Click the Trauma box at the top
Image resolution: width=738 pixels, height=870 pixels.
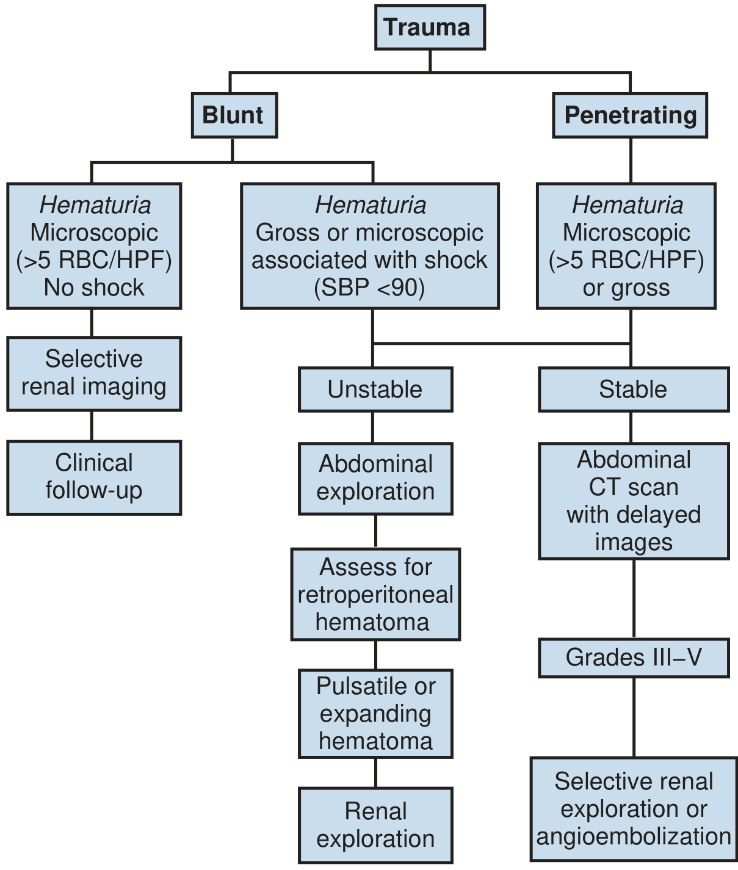430,27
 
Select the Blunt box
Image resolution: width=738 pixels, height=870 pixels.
234,115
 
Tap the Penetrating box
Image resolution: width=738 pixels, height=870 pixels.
630,115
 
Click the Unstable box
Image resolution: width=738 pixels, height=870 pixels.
375,390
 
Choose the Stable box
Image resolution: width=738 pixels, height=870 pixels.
634,390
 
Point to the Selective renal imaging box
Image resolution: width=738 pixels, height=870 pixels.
94,374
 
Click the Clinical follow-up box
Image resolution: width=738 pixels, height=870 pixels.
94,477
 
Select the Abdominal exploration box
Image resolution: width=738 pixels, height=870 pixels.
375,478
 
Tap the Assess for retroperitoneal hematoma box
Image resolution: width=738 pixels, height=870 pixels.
375,594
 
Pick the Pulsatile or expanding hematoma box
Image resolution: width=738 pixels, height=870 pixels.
375,714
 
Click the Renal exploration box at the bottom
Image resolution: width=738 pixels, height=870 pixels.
375,825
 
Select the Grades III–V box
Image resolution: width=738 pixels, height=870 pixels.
634,658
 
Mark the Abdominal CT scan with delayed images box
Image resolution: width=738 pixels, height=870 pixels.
634,501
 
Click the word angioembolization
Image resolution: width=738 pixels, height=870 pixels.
634,836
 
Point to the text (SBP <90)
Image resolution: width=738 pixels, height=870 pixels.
369,288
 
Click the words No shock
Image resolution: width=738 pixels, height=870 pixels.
94,288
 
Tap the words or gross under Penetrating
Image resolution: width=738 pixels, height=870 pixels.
626,288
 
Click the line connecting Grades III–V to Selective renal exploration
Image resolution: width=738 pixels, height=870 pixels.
634,717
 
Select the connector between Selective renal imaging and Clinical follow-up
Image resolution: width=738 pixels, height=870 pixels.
92,426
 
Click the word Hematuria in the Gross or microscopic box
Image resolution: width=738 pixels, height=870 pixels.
371,205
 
